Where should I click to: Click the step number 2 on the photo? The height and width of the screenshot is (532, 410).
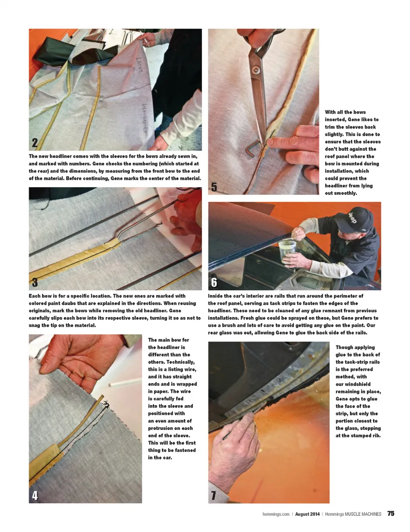[x=35, y=142]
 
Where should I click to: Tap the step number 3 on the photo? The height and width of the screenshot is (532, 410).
[x=35, y=282]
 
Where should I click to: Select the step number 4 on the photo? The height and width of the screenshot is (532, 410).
[x=35, y=496]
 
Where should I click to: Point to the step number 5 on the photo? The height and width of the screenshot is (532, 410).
[x=214, y=187]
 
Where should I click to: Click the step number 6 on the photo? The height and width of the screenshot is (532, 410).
[x=214, y=282]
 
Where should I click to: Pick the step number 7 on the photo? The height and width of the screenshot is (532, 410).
[x=214, y=496]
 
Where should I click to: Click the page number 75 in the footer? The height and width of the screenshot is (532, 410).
[x=391, y=513]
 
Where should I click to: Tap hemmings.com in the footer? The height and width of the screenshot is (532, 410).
[x=276, y=514]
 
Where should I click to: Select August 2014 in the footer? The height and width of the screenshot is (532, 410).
[x=307, y=514]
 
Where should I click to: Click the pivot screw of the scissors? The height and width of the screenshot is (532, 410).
[x=256, y=70]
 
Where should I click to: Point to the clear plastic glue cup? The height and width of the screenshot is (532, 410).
[x=287, y=251]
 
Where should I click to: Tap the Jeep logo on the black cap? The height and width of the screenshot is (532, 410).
[x=352, y=218]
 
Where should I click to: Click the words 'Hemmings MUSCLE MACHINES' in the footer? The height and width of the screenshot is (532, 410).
[x=353, y=514]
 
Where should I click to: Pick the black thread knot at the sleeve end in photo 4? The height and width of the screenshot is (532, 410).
[x=106, y=403]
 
